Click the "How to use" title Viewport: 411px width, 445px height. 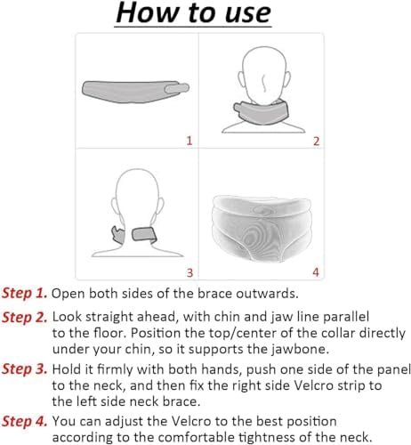click(193, 12)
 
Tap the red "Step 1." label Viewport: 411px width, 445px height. click(25, 294)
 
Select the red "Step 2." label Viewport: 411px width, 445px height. click(25, 318)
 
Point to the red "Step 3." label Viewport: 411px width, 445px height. click(25, 369)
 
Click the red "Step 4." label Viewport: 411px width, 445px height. click(25, 422)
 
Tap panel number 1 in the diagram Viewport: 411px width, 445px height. click(189, 141)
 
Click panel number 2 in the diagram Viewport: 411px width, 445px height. click(317, 142)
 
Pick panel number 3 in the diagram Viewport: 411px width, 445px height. click(189, 272)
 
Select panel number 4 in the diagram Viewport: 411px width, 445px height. click(316, 272)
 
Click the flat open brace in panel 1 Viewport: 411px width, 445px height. click(131, 92)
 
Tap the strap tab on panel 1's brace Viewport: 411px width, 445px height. click(177, 88)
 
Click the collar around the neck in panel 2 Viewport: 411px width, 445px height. click(261, 112)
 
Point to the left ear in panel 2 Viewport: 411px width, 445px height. click(241, 79)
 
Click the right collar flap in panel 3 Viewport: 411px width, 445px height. click(144, 234)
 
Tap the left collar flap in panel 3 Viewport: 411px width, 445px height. click(117, 235)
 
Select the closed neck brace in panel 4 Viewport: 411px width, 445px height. click(262, 229)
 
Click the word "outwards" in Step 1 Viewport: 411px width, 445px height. click(267, 294)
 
